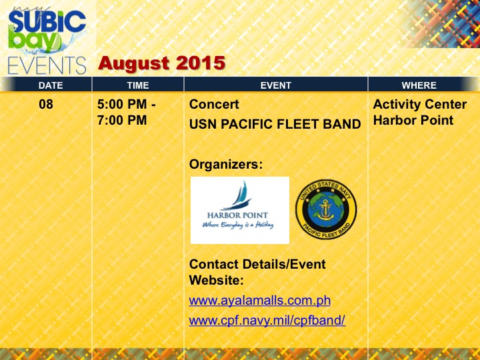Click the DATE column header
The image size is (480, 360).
51,85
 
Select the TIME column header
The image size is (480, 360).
138,85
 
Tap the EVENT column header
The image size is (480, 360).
275,85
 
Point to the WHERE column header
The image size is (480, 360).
419,85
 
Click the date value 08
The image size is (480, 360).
46,105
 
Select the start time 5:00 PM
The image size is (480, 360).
122,105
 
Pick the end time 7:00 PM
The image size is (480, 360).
122,120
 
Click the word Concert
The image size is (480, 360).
214,105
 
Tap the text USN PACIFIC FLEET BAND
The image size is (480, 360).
275,124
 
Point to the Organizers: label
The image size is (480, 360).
226,165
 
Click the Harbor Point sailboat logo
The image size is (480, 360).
240,210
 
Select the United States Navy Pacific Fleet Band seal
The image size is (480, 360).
326,209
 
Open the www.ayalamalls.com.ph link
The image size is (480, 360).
259,301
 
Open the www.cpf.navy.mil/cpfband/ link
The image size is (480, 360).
267,321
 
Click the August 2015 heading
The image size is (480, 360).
161,63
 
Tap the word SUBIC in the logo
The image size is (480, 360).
47,21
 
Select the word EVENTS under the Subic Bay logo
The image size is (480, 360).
47,65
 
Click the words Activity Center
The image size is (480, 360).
420,105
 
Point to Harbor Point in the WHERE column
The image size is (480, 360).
413,120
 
